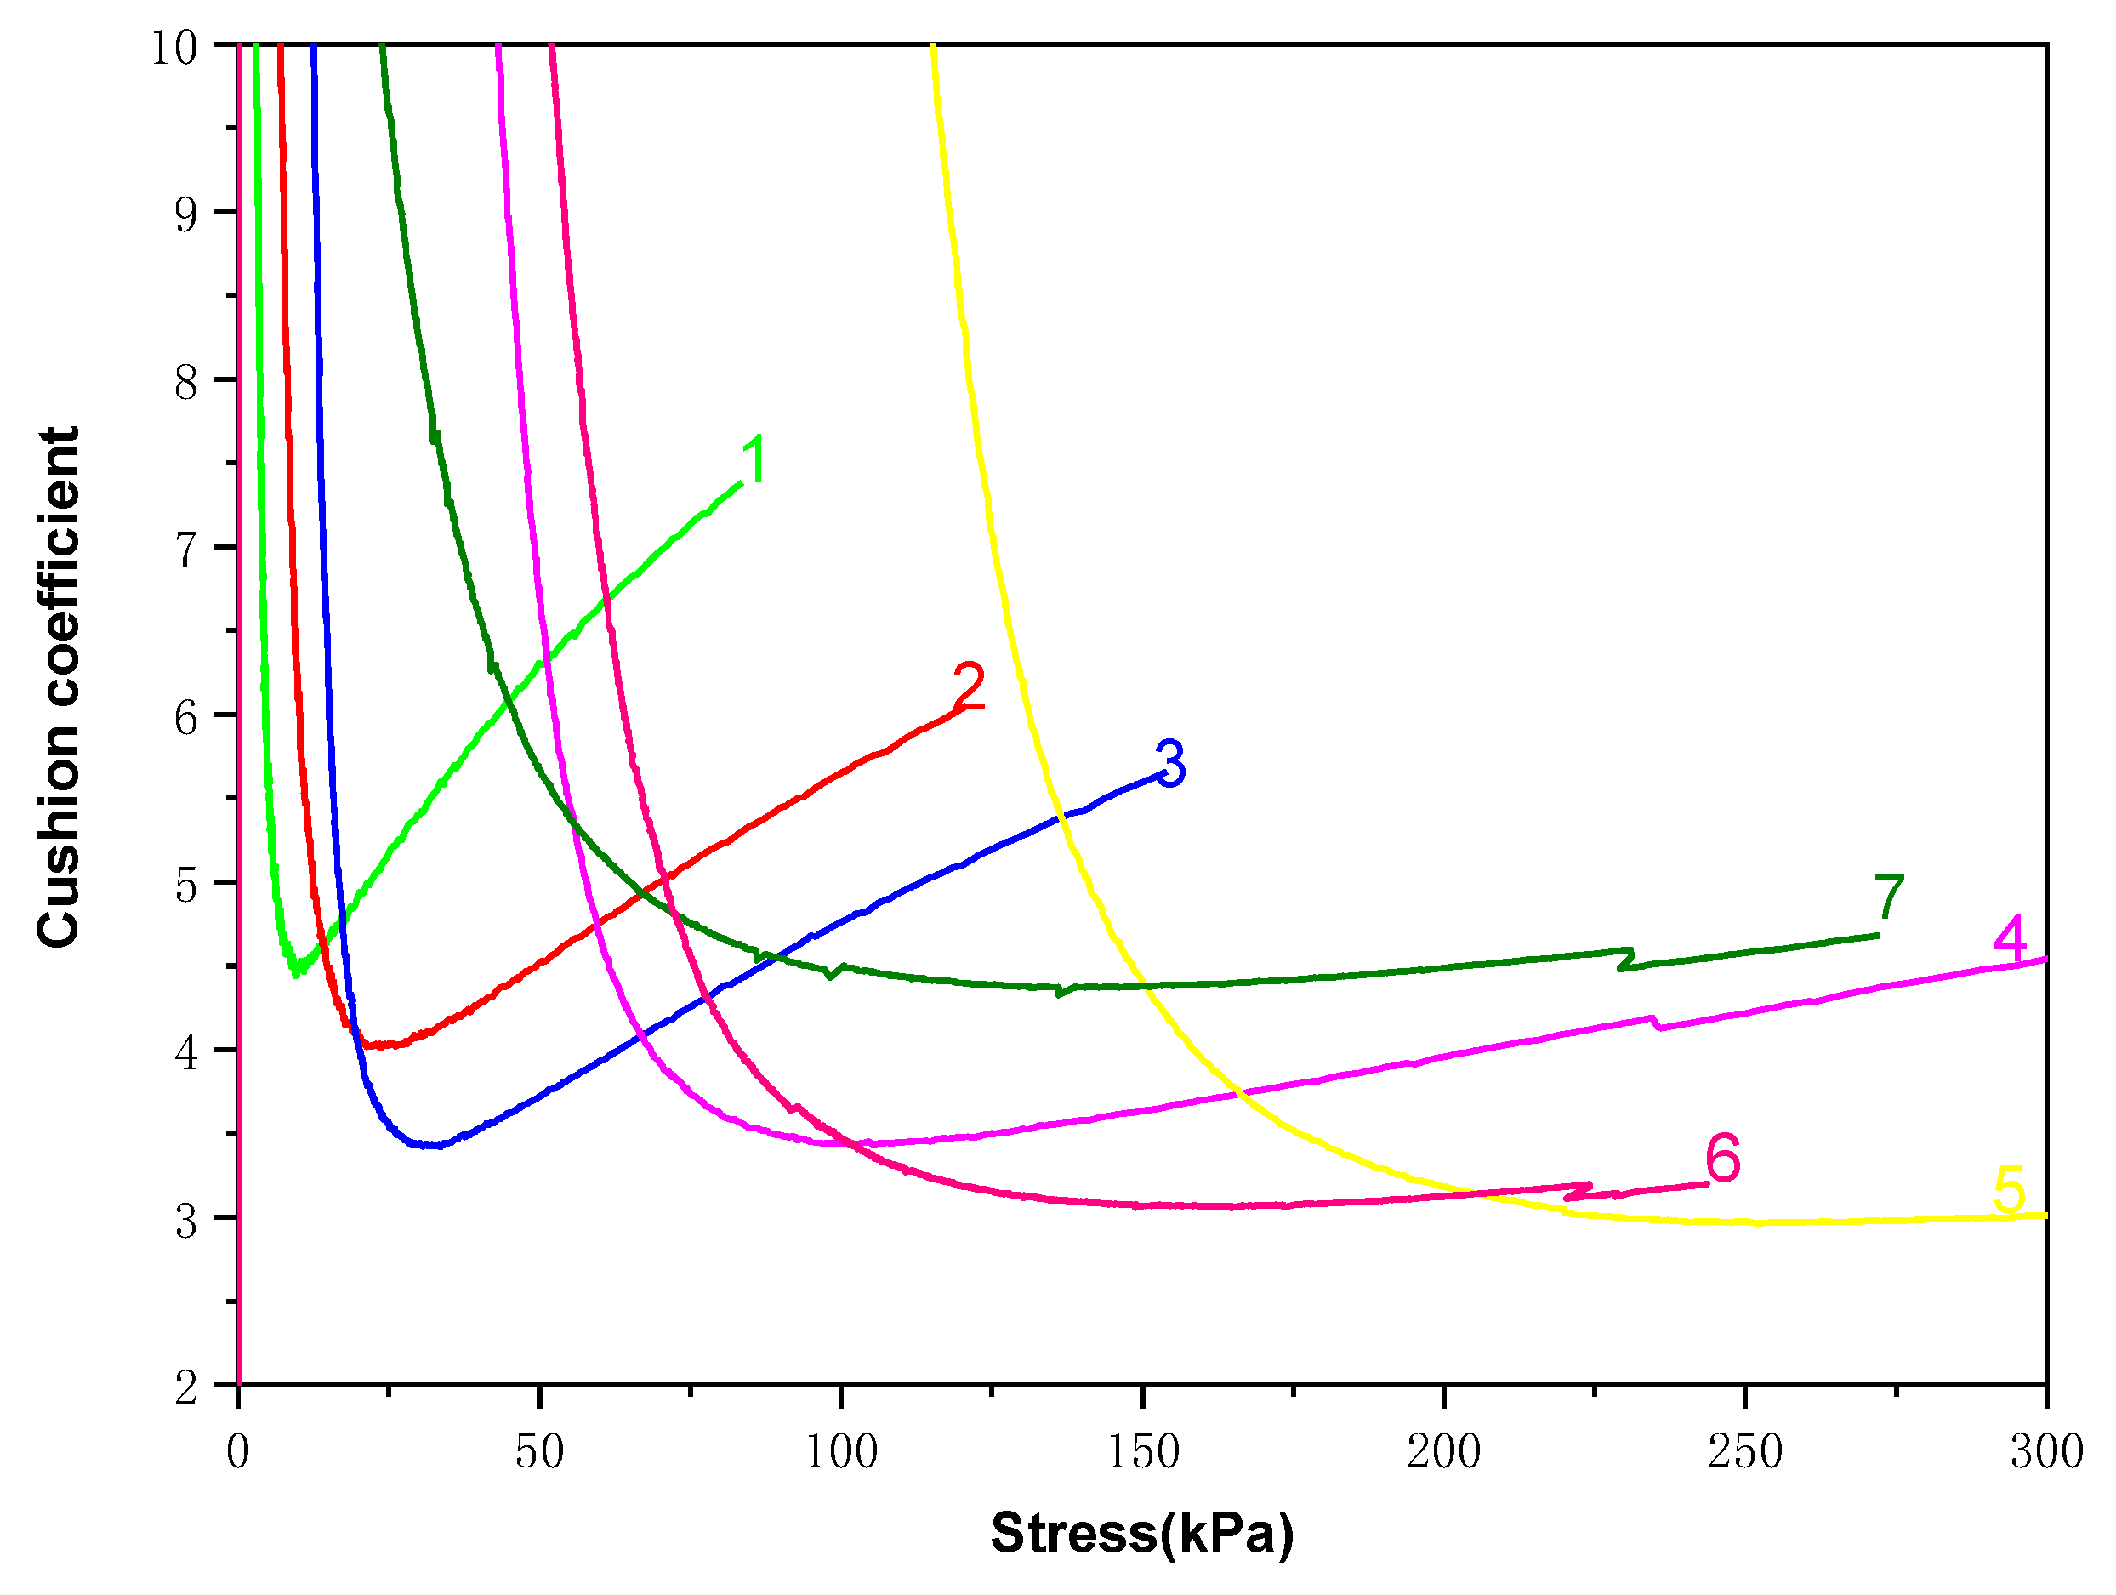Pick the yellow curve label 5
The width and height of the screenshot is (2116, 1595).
[2009, 1189]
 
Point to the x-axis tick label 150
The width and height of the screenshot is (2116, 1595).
[1142, 1452]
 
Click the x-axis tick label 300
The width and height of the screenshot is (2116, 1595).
[2046, 1452]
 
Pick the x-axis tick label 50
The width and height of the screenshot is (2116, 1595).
[539, 1452]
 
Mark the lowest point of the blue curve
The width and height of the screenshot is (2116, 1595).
[430, 1145]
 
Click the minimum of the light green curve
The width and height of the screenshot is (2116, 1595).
[297, 973]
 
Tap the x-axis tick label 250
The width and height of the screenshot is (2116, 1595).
[1745, 1452]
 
